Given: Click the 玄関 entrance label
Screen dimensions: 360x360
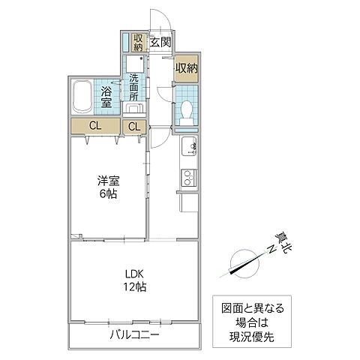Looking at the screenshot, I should pyautogui.click(x=160, y=42).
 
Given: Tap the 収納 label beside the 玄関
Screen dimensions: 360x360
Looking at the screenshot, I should pyautogui.click(x=139, y=43).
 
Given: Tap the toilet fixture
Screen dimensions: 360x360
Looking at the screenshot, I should pyautogui.click(x=187, y=111).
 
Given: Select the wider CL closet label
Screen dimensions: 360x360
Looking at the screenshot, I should pyautogui.click(x=94, y=126).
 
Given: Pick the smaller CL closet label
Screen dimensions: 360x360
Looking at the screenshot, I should pyautogui.click(x=134, y=127).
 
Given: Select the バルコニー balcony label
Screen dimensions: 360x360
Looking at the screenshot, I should pyautogui.click(x=134, y=334).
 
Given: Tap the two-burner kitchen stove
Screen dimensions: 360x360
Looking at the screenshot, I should pyautogui.click(x=187, y=178).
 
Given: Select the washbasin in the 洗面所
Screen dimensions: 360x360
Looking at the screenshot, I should pyautogui.click(x=135, y=107).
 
